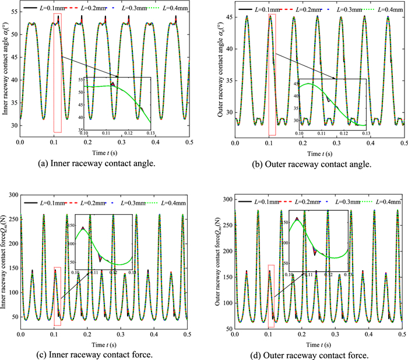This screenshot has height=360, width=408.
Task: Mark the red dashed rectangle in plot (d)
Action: pos(271,296)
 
